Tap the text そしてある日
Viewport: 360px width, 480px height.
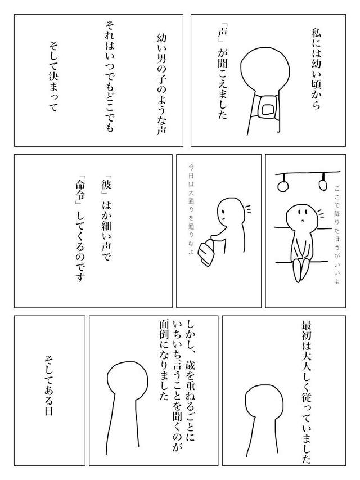coord(49,388)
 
